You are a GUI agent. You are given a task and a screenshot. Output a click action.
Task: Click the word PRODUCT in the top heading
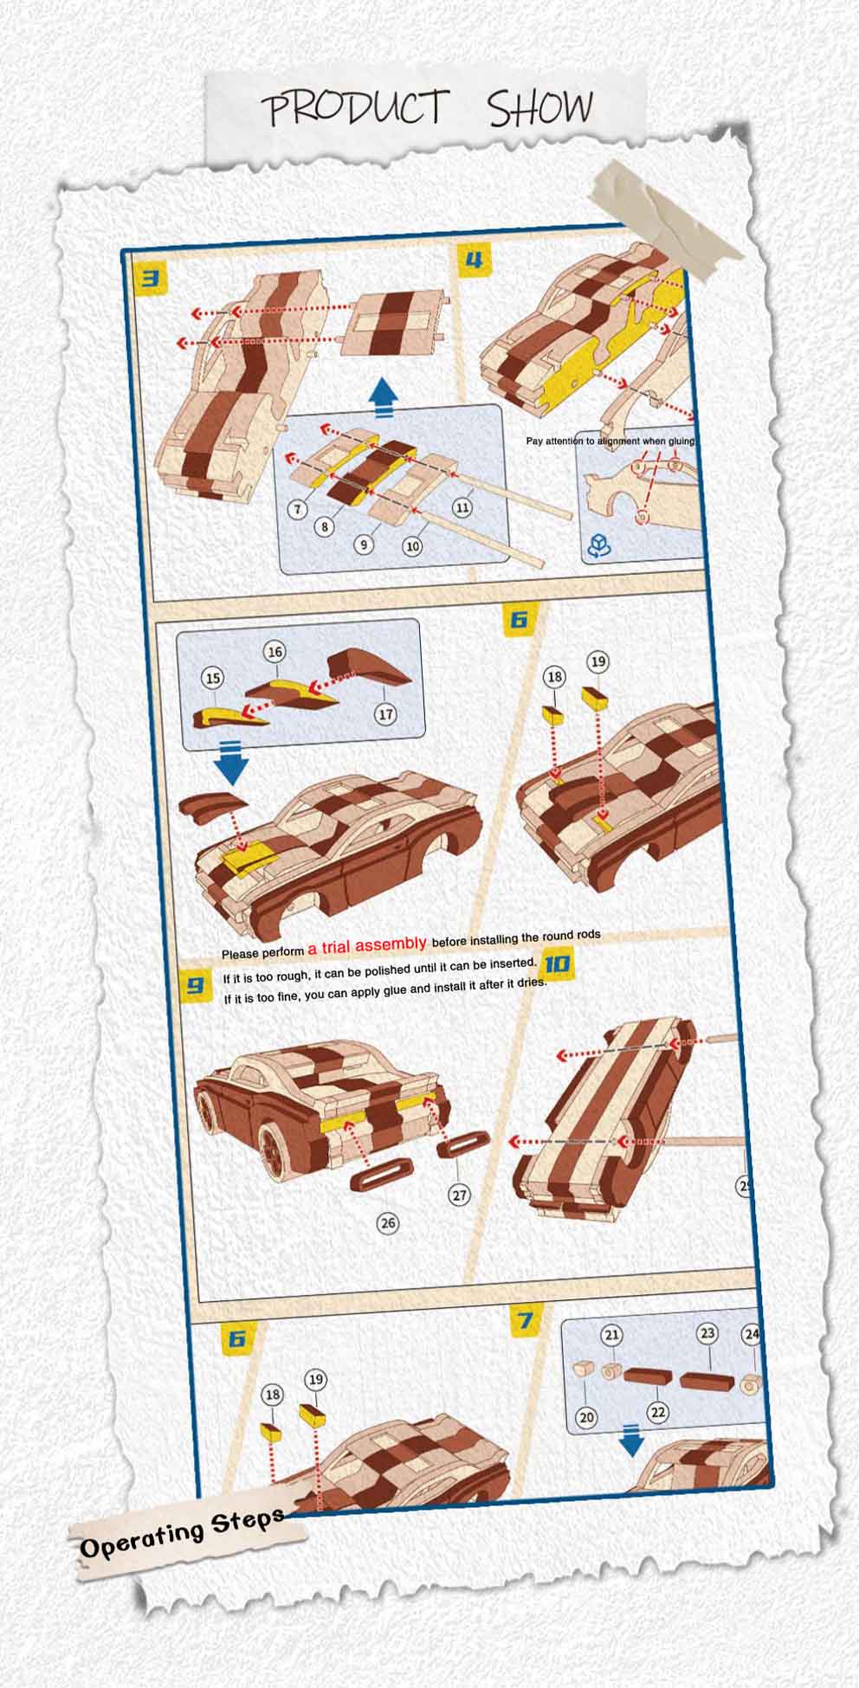[x=356, y=109]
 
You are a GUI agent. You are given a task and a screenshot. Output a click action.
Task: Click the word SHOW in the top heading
[x=539, y=109]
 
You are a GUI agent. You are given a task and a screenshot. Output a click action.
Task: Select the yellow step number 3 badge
[x=151, y=279]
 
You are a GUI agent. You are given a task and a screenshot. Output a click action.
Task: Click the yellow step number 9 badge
[x=195, y=985]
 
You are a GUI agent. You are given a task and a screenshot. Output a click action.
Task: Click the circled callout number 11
[x=462, y=507]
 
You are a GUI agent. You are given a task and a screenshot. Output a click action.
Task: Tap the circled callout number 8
[x=325, y=525]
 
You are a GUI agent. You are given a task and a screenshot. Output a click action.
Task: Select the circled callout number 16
[x=274, y=652]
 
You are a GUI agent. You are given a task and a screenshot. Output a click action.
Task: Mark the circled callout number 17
[x=385, y=714]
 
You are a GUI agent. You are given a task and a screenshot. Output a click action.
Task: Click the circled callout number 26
[x=388, y=1222]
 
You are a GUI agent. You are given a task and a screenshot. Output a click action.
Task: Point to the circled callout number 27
[x=459, y=1195]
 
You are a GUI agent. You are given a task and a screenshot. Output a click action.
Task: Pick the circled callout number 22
[x=658, y=1412]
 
